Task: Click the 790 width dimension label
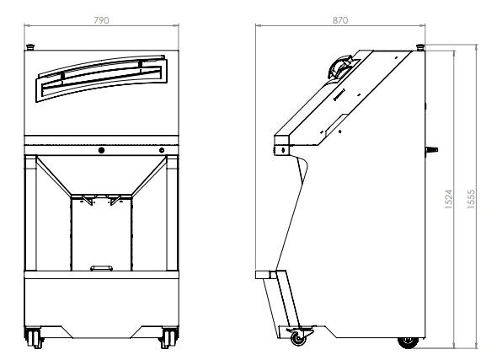tap(101, 20)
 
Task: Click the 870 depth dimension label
tap(340, 20)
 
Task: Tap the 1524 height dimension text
tap(449, 199)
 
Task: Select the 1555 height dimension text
tap(472, 199)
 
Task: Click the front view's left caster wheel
tap(34, 337)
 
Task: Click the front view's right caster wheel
tap(168, 337)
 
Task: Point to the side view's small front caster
tap(298, 337)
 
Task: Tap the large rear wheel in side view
tap(408, 342)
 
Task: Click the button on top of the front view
tap(30, 47)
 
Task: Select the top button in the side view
tap(420, 47)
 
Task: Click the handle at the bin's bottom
tap(101, 268)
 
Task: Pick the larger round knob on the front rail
tap(101, 150)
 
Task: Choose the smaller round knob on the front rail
tap(162, 150)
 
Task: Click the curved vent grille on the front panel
tap(101, 78)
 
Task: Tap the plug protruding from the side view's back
tap(431, 150)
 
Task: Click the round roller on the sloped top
tap(339, 67)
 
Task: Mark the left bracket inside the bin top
tap(88, 200)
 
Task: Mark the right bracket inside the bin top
tap(115, 200)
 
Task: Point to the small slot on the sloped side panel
tap(339, 94)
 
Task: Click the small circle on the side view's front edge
tap(283, 149)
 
